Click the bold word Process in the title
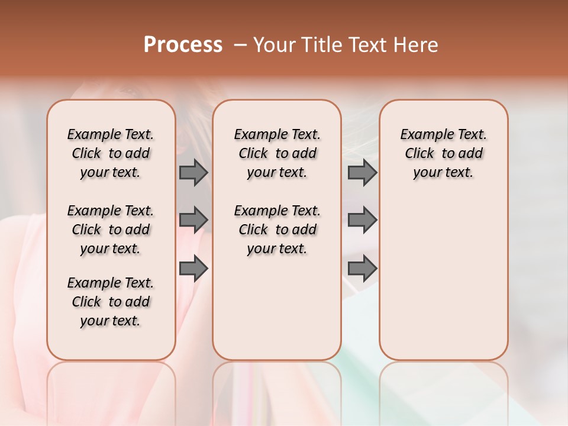coord(183,45)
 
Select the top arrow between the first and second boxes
coord(193,173)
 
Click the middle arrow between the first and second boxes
coord(193,220)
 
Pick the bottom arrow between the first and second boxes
coord(193,268)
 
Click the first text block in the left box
coord(111,153)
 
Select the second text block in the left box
coord(111,230)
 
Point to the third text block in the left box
coord(111,302)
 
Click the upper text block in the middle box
coord(277,153)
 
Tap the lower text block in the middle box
coord(277,230)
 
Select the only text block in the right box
coord(443,153)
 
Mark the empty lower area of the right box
coord(443,278)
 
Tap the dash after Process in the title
coord(240,45)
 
